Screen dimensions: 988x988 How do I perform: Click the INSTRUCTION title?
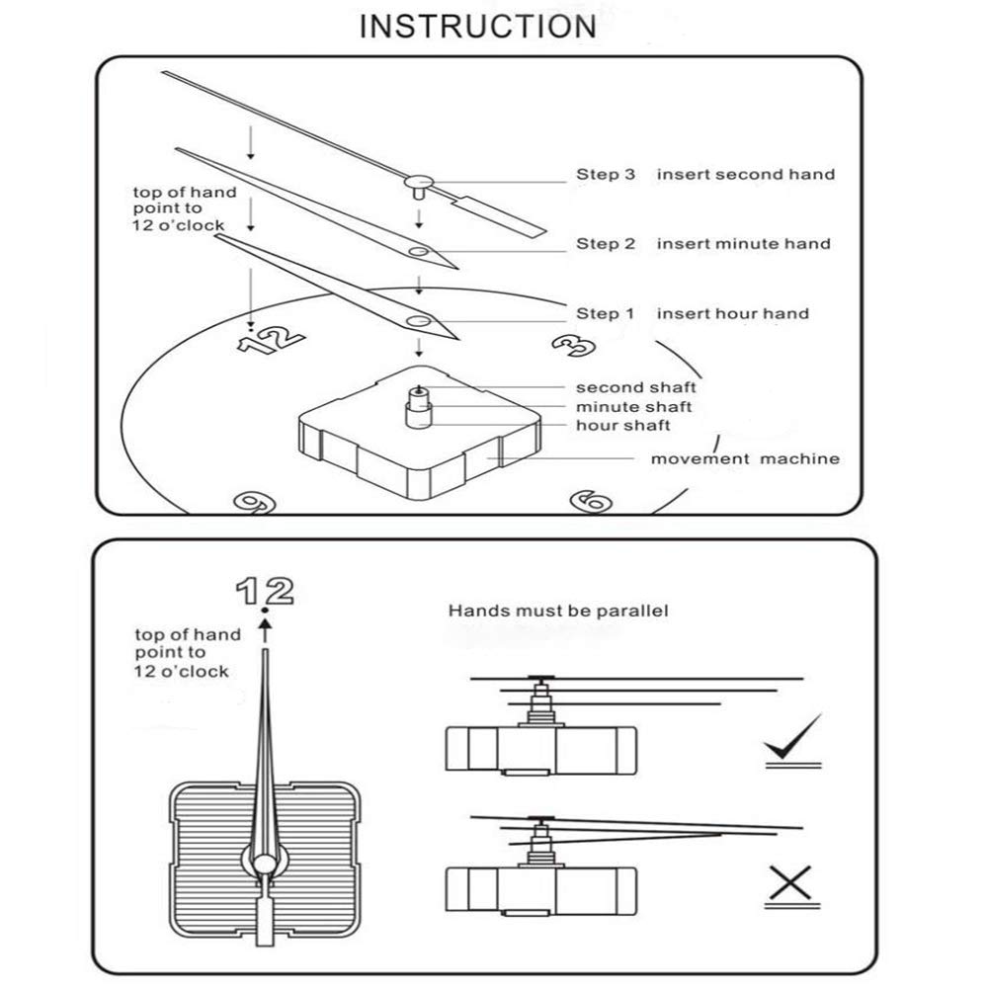tap(477, 27)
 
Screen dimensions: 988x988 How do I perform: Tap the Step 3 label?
tap(606, 175)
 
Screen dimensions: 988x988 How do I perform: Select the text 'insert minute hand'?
tap(744, 244)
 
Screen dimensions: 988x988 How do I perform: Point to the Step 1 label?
tap(605, 314)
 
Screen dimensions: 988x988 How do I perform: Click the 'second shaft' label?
tap(635, 387)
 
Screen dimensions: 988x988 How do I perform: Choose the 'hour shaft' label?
tap(622, 425)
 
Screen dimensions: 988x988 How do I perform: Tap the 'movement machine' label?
tap(745, 458)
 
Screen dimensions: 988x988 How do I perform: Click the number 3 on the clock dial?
tap(574, 345)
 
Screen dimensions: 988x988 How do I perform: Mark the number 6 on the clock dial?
tap(591, 502)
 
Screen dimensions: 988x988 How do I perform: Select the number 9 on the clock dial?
tap(255, 502)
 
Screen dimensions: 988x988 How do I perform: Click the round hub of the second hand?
tap(419, 182)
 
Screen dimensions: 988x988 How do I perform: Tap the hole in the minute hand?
tap(419, 252)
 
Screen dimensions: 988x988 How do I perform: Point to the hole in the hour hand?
tap(419, 321)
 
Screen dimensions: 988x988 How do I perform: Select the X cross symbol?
tap(790, 883)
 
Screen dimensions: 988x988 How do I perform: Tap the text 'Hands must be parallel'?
tap(558, 611)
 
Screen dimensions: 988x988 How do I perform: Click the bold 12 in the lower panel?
tap(265, 591)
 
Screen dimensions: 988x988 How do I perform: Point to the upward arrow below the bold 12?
tap(265, 630)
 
